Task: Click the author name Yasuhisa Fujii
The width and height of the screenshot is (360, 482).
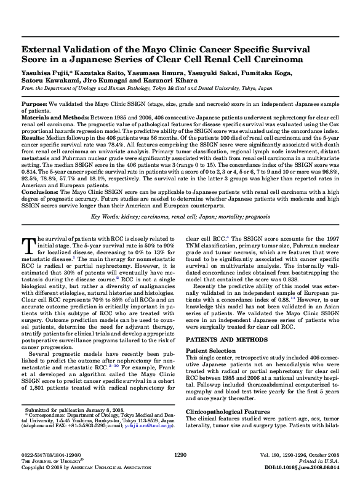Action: pos(44,73)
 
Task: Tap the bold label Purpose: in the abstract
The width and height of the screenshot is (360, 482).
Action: pos(35,106)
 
